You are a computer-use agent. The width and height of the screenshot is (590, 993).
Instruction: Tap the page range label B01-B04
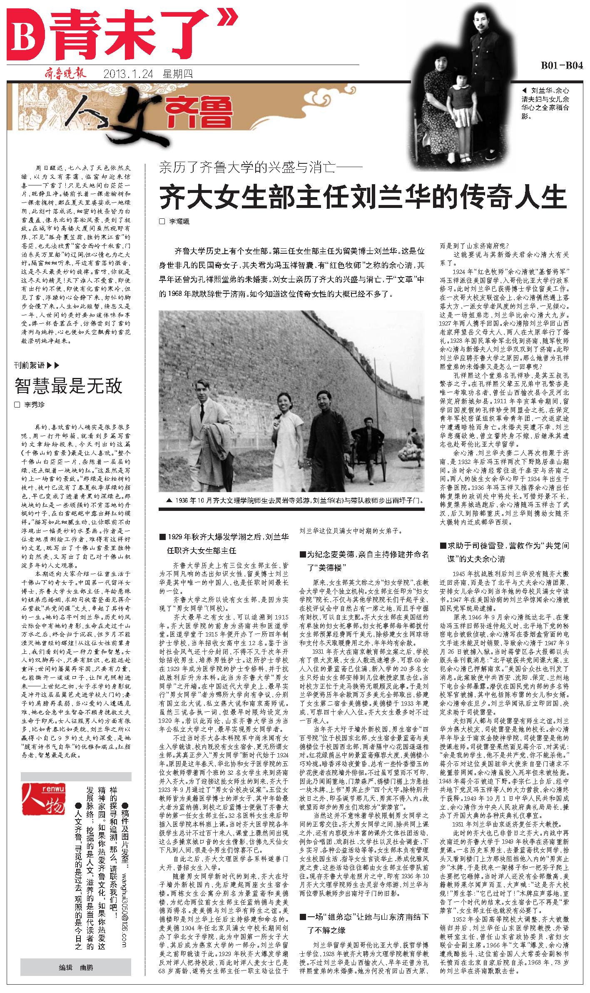561,66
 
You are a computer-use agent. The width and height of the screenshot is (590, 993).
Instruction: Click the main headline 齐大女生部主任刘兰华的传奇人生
363,196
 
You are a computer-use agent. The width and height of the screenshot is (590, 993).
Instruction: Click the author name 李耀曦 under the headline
179,222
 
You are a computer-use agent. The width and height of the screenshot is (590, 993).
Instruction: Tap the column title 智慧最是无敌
69,386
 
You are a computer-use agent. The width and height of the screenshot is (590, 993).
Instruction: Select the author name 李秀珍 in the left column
35,405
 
